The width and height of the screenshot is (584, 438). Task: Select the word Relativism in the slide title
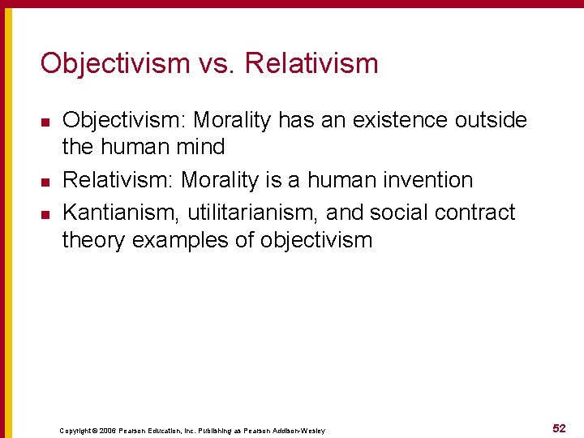(x=311, y=63)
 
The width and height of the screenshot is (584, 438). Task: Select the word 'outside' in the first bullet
(x=491, y=121)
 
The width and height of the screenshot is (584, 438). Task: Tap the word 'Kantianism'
(x=122, y=213)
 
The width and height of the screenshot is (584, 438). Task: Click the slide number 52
(x=558, y=427)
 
